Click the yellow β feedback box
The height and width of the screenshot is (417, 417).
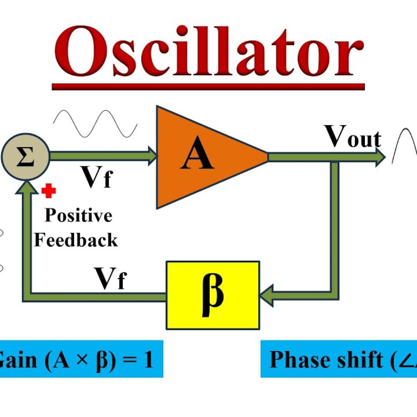tap(213, 295)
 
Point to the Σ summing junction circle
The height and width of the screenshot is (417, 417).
tap(25, 157)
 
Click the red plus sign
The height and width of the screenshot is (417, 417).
tap(48, 191)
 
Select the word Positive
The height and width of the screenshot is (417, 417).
tap(78, 215)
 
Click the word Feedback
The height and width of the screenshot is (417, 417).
tap(76, 240)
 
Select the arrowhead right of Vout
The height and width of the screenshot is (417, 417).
tap(380, 157)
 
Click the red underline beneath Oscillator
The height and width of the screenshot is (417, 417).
tap(208, 86)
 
